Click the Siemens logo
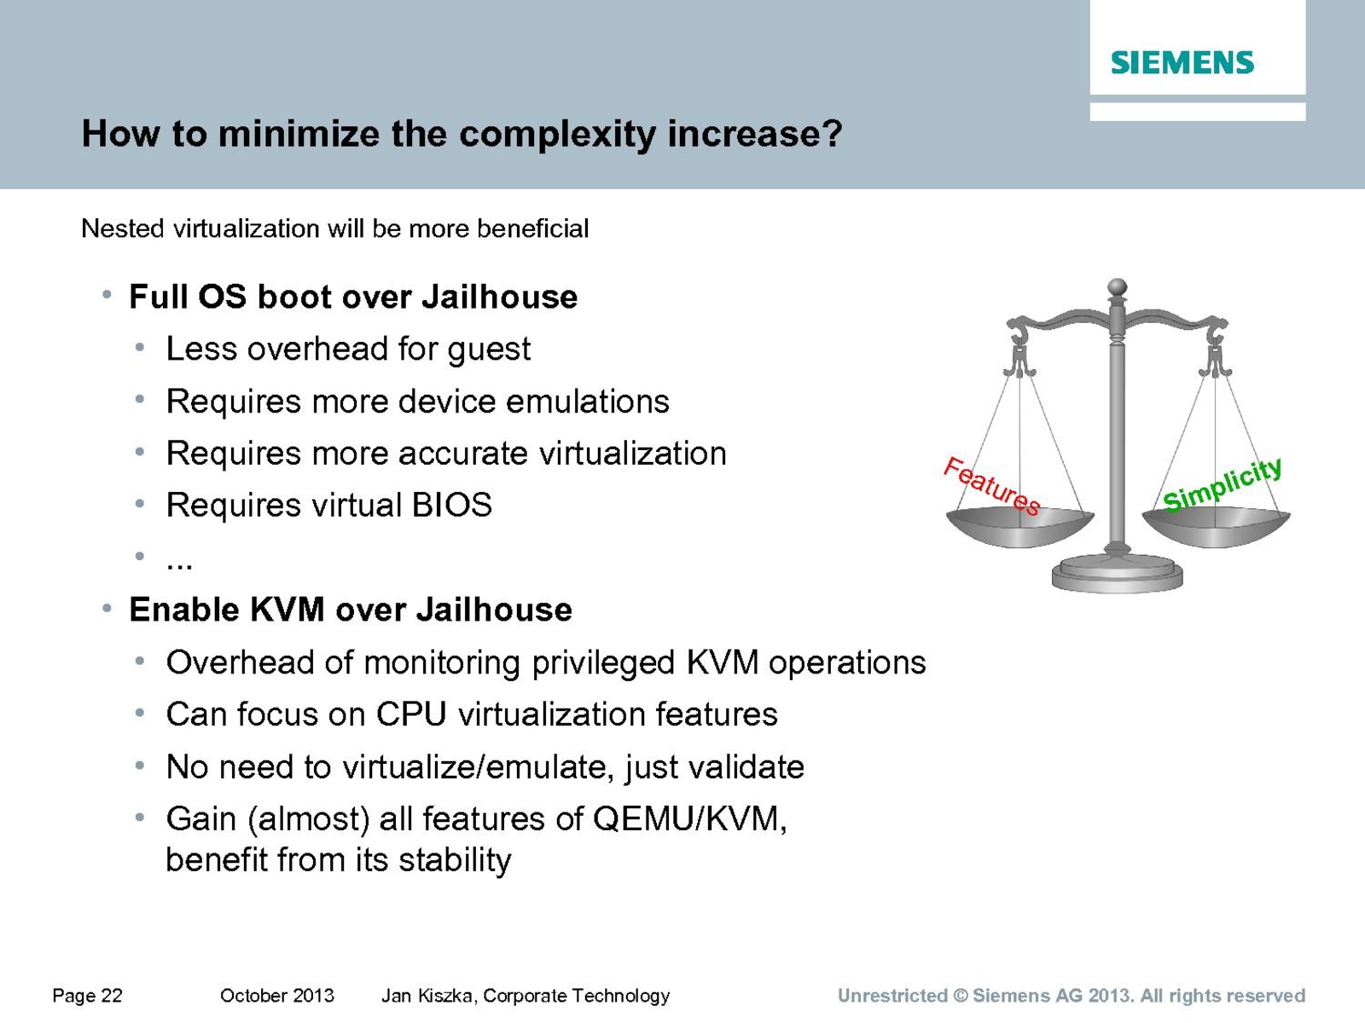click(x=1182, y=63)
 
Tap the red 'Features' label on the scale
click(x=991, y=486)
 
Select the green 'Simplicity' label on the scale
click(x=1222, y=484)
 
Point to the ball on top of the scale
click(x=1118, y=287)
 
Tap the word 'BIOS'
click(x=451, y=505)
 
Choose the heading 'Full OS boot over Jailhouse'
click(x=353, y=297)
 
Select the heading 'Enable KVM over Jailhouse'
click(x=351, y=610)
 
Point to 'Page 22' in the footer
click(x=87, y=996)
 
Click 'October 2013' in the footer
click(x=276, y=996)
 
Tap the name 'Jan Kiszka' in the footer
click(x=428, y=997)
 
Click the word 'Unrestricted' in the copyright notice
click(x=892, y=996)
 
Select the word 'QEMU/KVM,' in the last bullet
click(x=689, y=819)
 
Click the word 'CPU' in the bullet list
click(x=411, y=714)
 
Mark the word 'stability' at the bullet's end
click(x=455, y=862)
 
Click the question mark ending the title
click(x=832, y=133)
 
